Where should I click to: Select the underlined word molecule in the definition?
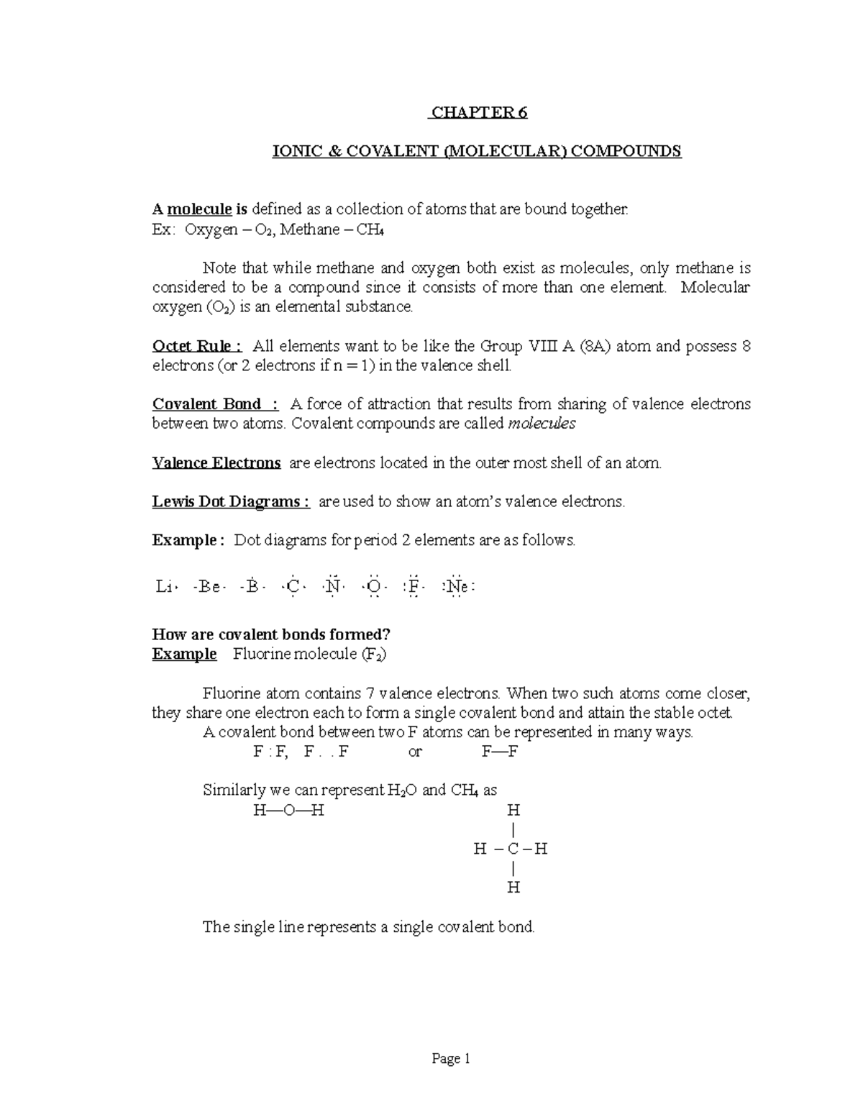pos(199,209)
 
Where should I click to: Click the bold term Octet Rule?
pos(191,346)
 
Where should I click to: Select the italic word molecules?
pos(542,424)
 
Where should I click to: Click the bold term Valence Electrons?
pos(216,463)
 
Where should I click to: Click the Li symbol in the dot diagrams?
pos(164,587)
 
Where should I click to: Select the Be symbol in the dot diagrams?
pos(209,587)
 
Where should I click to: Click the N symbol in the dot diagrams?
pos(332,587)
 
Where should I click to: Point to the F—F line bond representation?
pos(500,752)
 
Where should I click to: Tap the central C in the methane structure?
pos(513,849)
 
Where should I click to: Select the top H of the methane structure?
pos(513,811)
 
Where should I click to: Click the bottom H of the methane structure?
pos(513,888)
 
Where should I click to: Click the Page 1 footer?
pos(450,1059)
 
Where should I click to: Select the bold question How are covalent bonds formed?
pos(271,634)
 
